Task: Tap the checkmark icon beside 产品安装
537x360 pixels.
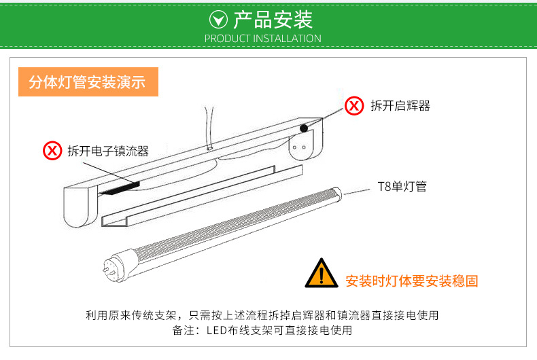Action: pos(218,19)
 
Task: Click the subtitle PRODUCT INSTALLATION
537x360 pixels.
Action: pos(262,39)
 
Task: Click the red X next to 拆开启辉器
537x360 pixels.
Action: pos(353,105)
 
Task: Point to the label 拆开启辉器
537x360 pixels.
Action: pos(400,106)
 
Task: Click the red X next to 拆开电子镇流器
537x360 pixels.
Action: pos(52,150)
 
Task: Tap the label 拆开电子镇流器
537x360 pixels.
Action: pos(107,151)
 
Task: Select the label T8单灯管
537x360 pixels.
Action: pos(402,187)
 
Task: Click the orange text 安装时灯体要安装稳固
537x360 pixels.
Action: pos(411,281)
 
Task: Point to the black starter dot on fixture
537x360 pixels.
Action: pos(304,127)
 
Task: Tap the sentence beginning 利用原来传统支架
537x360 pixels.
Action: pos(262,315)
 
